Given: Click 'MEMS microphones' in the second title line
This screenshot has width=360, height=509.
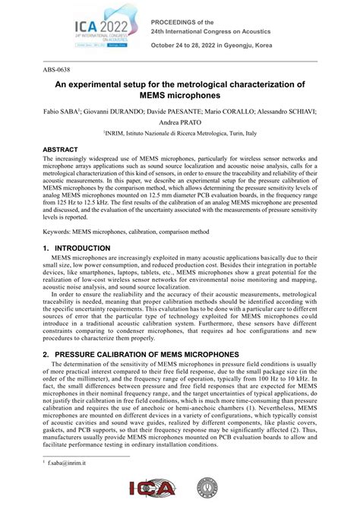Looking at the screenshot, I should (x=181, y=96).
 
